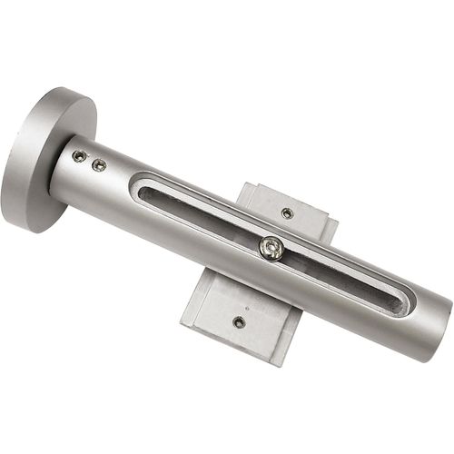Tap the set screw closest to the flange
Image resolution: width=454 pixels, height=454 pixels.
(79, 156)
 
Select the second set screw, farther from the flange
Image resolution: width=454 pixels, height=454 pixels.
(99, 164)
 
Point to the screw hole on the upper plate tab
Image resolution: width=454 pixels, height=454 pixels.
(287, 213)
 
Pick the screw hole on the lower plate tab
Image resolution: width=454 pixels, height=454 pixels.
(239, 321)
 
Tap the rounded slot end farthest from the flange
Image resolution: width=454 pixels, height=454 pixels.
(402, 302)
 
